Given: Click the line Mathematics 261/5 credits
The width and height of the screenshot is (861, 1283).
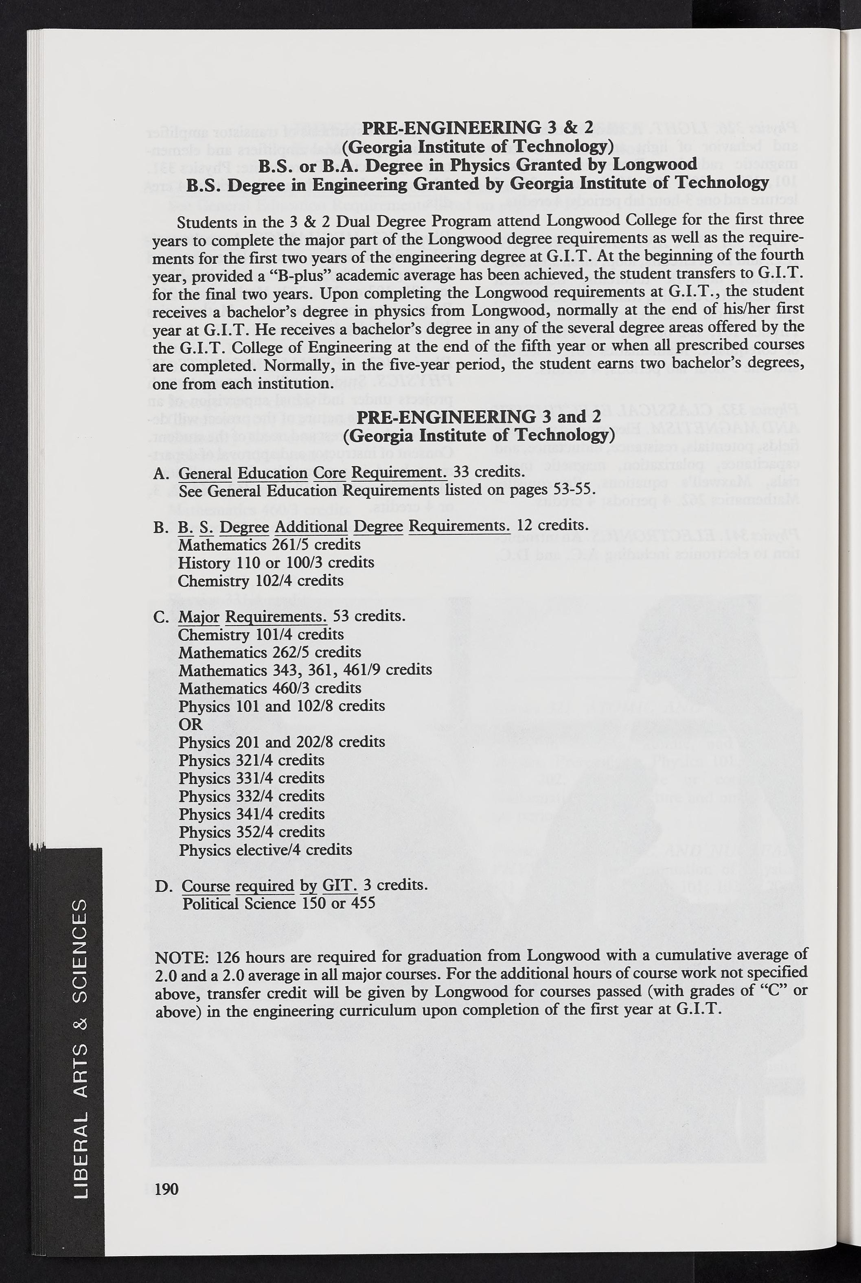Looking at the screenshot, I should pos(269,545).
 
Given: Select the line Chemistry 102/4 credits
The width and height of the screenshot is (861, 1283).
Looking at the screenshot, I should pos(261,580).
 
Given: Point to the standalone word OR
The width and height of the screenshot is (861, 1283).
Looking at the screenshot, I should pos(191,724).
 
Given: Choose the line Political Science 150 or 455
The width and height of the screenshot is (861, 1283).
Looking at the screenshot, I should pos(279,903).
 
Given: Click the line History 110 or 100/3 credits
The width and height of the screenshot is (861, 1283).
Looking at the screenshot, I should pos(276,563).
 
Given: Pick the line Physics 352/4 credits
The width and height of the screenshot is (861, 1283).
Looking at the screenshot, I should pos(252,832).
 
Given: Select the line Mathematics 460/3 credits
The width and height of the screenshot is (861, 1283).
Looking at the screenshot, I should pos(269,688).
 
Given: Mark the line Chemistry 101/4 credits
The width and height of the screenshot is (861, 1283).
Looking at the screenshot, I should pos(261,635).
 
